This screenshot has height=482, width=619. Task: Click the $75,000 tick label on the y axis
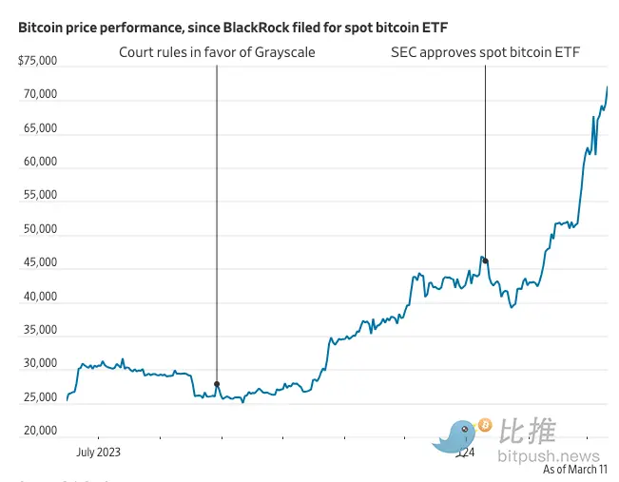pyautogui.click(x=38, y=61)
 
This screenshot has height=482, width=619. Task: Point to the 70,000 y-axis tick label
pyautogui.click(x=40, y=95)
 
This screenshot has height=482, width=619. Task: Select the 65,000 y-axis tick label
pyautogui.click(x=40, y=128)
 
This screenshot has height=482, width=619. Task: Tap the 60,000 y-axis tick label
pyautogui.click(x=40, y=163)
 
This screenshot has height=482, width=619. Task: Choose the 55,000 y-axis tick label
pyautogui.click(x=40, y=196)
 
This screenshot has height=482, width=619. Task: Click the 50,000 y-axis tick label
pyautogui.click(x=40, y=230)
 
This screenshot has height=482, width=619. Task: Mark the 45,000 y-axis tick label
pyautogui.click(x=40, y=263)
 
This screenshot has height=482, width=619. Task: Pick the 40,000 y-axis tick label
pyautogui.click(x=40, y=298)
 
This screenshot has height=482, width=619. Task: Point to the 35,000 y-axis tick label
pyautogui.click(x=40, y=331)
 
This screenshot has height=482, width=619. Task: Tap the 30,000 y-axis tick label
pyautogui.click(x=40, y=365)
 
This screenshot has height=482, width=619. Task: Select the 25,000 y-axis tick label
pyautogui.click(x=40, y=398)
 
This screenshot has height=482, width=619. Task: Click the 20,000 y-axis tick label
pyautogui.click(x=40, y=432)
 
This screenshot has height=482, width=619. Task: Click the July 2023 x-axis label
pyautogui.click(x=99, y=453)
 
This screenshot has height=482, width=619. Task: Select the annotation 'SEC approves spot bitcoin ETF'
pyautogui.click(x=486, y=52)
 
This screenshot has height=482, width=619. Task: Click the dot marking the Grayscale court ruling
pyautogui.click(x=217, y=384)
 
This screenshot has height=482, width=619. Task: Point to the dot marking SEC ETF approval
pyautogui.click(x=485, y=260)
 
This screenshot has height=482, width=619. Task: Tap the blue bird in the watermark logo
pyautogui.click(x=457, y=434)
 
